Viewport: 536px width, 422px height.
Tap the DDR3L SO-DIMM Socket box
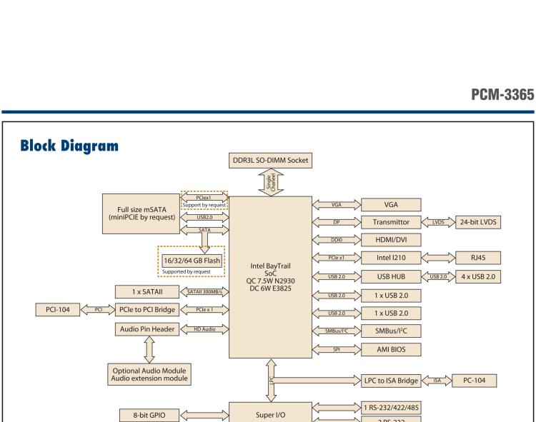(269, 160)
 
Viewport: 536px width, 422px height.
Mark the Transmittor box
(391, 222)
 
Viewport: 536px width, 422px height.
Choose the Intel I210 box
(391, 257)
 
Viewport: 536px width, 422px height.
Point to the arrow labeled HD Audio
(205, 328)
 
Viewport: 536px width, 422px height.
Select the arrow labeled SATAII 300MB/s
(205, 292)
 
